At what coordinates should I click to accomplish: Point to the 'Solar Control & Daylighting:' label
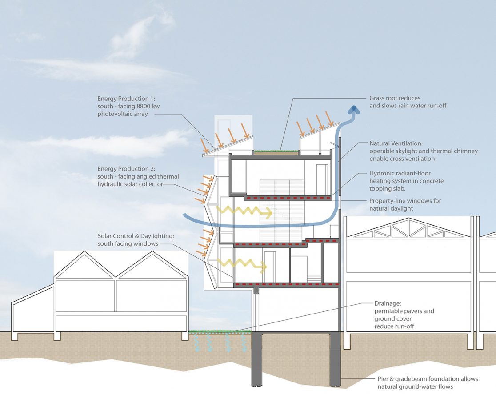click(x=138, y=236)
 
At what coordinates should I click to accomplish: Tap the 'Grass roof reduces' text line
click(x=395, y=98)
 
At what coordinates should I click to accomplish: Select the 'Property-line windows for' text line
click(x=405, y=201)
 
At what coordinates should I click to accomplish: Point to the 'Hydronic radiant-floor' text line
click(x=400, y=173)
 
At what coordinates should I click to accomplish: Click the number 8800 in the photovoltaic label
click(x=143, y=107)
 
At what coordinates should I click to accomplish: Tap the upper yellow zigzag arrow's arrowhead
click(x=268, y=212)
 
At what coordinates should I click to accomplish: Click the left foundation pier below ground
click(x=256, y=360)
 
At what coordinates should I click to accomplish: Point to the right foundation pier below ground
click(x=335, y=360)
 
